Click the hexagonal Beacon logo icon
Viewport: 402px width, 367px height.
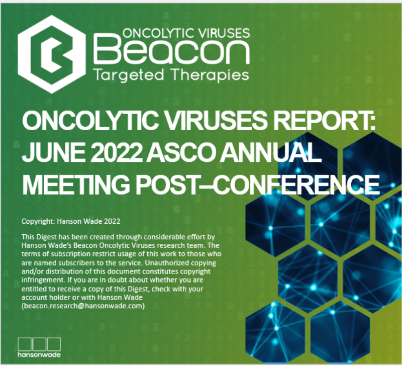[52, 54]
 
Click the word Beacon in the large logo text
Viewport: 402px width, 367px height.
[171, 50]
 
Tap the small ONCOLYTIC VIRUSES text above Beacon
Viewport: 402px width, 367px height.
[186, 33]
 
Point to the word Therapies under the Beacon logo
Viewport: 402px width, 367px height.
[210, 75]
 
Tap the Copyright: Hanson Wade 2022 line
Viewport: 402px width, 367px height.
[71, 221]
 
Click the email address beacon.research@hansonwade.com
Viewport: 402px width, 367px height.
[83, 306]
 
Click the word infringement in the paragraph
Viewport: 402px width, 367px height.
[42, 280]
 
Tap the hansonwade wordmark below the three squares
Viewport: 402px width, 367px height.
[39, 355]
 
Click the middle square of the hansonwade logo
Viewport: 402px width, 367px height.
[39, 344]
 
